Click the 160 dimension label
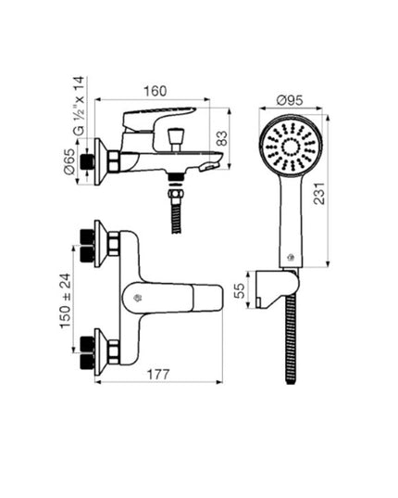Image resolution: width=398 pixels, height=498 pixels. (155, 91)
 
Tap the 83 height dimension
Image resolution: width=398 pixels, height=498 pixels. (223, 138)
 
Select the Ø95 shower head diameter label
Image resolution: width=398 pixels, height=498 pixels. (290, 100)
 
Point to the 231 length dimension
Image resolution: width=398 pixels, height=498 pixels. (319, 193)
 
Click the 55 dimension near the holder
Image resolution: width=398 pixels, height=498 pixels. (241, 290)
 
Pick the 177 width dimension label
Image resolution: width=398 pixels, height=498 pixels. (158, 374)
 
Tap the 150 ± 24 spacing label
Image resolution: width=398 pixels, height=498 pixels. (66, 300)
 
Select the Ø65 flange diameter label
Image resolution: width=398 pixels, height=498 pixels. (69, 161)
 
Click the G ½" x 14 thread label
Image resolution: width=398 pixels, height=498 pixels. (79, 106)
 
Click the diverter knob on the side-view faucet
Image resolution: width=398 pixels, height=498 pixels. (175, 139)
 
